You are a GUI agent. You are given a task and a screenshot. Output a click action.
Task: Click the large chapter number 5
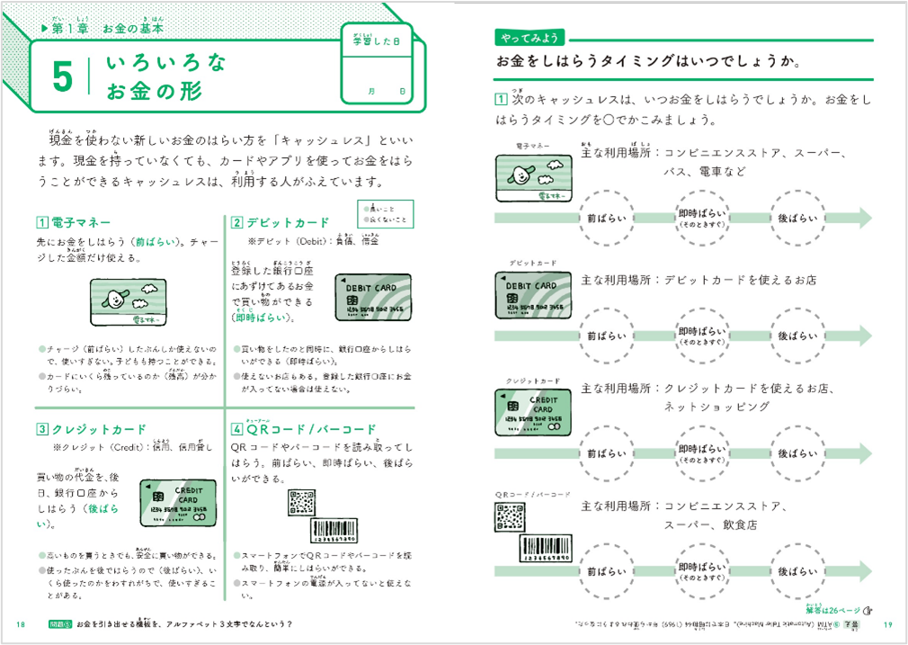point(61,77)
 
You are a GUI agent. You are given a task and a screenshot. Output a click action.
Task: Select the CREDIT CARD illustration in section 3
point(178,503)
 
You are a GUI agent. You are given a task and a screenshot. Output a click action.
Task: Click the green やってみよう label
point(530,38)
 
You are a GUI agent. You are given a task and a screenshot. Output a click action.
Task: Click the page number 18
point(21,624)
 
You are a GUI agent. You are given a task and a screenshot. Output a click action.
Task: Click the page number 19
point(887,624)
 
